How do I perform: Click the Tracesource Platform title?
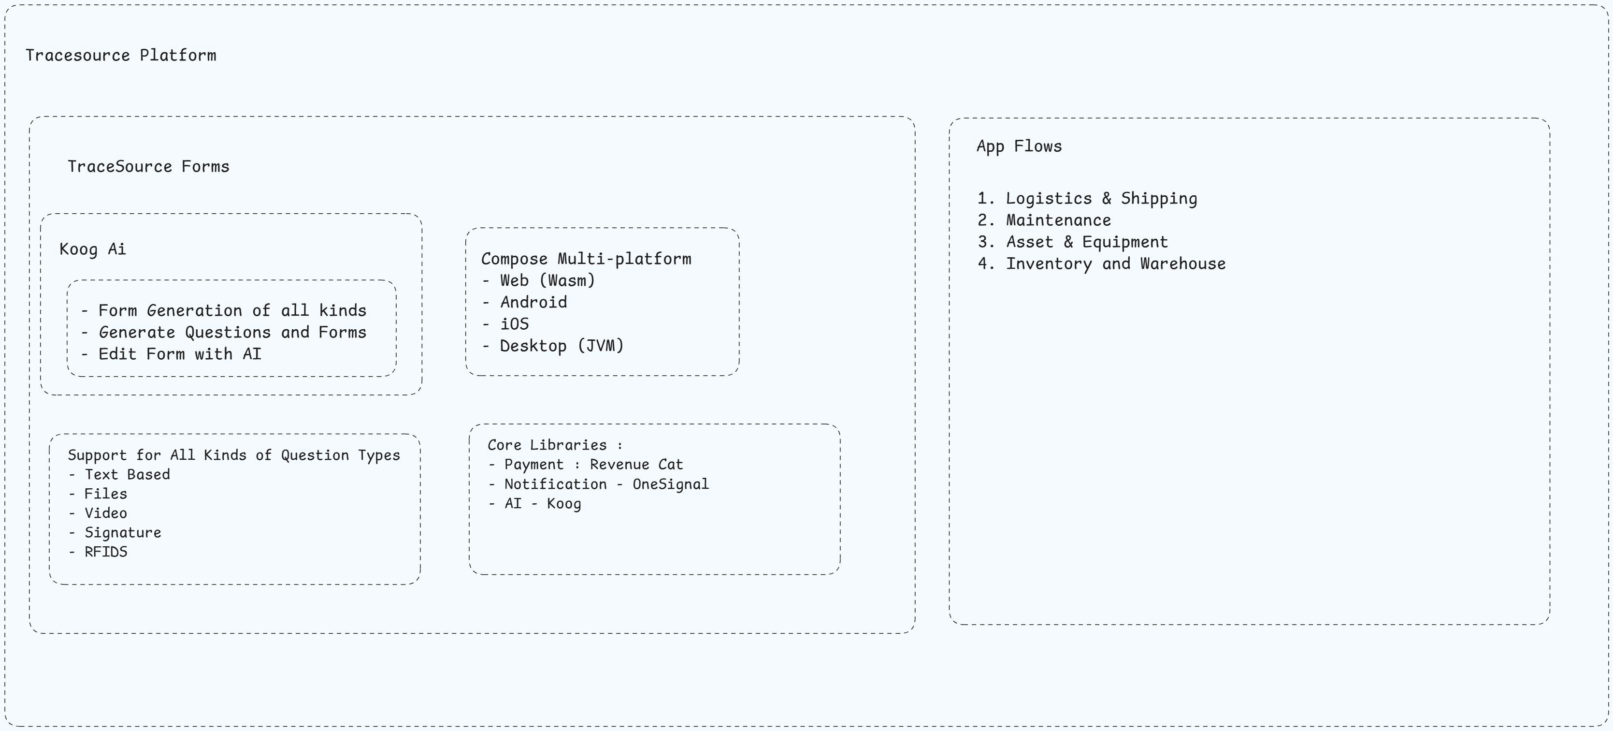coord(121,55)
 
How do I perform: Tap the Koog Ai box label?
coord(93,249)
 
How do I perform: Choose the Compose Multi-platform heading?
coord(586,259)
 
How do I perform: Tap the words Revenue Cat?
coord(636,465)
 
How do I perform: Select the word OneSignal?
coord(671,484)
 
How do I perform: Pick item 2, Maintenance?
coord(1058,220)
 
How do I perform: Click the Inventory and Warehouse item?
coord(1115,263)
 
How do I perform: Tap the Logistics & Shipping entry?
coord(1101,199)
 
